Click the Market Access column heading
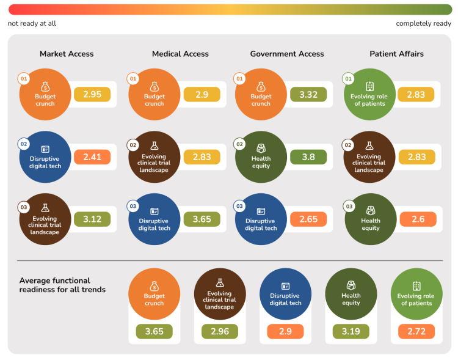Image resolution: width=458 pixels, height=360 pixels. [x=67, y=54]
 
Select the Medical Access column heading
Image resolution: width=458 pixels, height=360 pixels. [x=180, y=54]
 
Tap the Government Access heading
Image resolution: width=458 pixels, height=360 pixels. [x=287, y=54]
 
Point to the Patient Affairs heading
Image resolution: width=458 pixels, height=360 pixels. [x=396, y=54]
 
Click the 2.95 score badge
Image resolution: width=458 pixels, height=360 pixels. [x=92, y=94]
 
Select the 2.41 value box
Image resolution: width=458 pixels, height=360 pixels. [x=92, y=157]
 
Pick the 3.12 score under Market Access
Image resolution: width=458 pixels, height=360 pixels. [x=92, y=219]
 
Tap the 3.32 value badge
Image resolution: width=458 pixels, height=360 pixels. [x=308, y=94]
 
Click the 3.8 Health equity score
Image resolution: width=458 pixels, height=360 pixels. [x=308, y=157]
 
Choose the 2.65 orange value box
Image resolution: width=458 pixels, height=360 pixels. [x=308, y=219]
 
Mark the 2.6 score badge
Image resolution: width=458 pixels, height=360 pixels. [x=418, y=219]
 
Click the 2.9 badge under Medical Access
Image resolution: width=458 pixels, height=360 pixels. [x=202, y=94]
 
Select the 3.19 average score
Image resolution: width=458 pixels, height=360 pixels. [x=351, y=331]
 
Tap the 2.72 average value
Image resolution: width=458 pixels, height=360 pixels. [x=416, y=331]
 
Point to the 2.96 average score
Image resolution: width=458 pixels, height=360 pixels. [x=220, y=331]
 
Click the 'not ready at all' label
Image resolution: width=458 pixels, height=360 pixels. [x=32, y=24]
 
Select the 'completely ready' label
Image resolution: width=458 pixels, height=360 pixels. [x=424, y=24]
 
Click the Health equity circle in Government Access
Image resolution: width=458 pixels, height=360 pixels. [x=261, y=157]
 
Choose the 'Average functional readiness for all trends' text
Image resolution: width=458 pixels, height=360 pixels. [x=62, y=285]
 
